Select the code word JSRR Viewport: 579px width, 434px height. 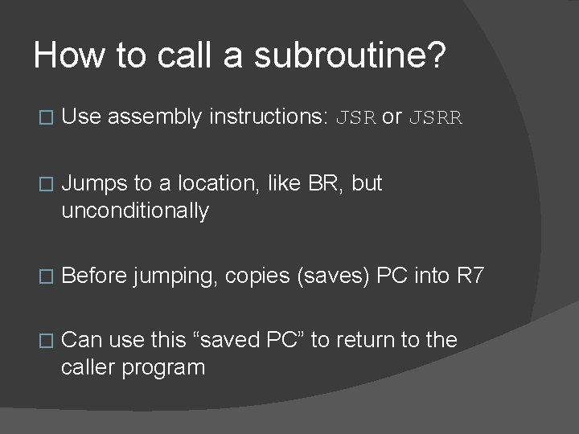click(436, 117)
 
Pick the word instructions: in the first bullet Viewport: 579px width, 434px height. click(268, 117)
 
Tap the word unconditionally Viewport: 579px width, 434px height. click(135, 211)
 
